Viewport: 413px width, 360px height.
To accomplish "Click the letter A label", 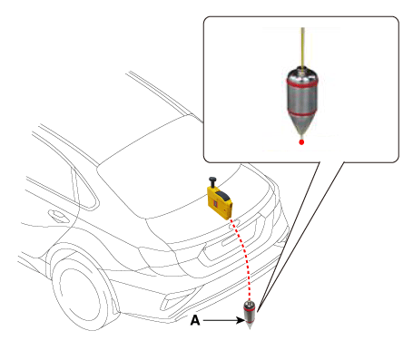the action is pos(195,320).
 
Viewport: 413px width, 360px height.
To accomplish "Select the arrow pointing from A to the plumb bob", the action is pos(224,320).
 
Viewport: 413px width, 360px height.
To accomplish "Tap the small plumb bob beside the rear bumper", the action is pos(250,315).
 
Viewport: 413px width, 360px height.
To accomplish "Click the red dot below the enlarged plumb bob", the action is pos(301,142).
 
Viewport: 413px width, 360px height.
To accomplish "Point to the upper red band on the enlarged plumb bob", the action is pos(302,83).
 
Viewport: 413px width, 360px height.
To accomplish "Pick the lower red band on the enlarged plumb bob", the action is pos(302,113).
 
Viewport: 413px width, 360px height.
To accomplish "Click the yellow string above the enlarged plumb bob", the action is pos(302,47).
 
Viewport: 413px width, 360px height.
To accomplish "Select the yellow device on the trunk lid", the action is pos(220,199).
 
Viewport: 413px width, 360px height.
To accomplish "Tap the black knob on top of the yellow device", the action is pos(212,181).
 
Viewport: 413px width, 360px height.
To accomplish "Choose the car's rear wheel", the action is pos(79,294).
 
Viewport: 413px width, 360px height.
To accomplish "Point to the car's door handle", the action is pos(58,216).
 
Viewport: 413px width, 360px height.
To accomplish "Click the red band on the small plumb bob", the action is pos(250,309).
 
